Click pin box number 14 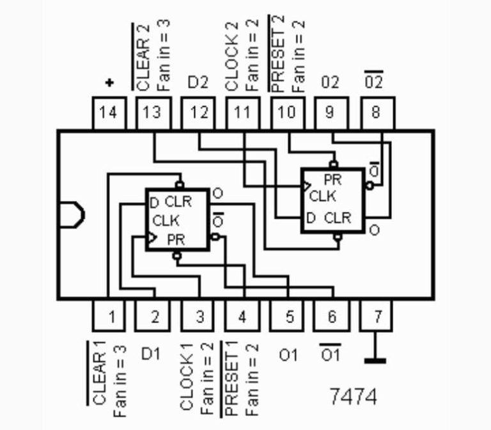(109, 113)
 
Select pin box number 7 (377, 316)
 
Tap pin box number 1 (109, 316)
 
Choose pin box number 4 (242, 316)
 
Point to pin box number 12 (198, 113)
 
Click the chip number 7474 (354, 396)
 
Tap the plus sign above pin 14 (109, 83)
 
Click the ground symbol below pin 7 (375, 360)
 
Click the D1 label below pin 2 (150, 353)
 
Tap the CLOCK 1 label (187, 378)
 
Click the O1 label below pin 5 (288, 354)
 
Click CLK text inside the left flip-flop (166, 221)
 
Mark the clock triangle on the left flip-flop (152, 239)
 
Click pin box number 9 (330, 113)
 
